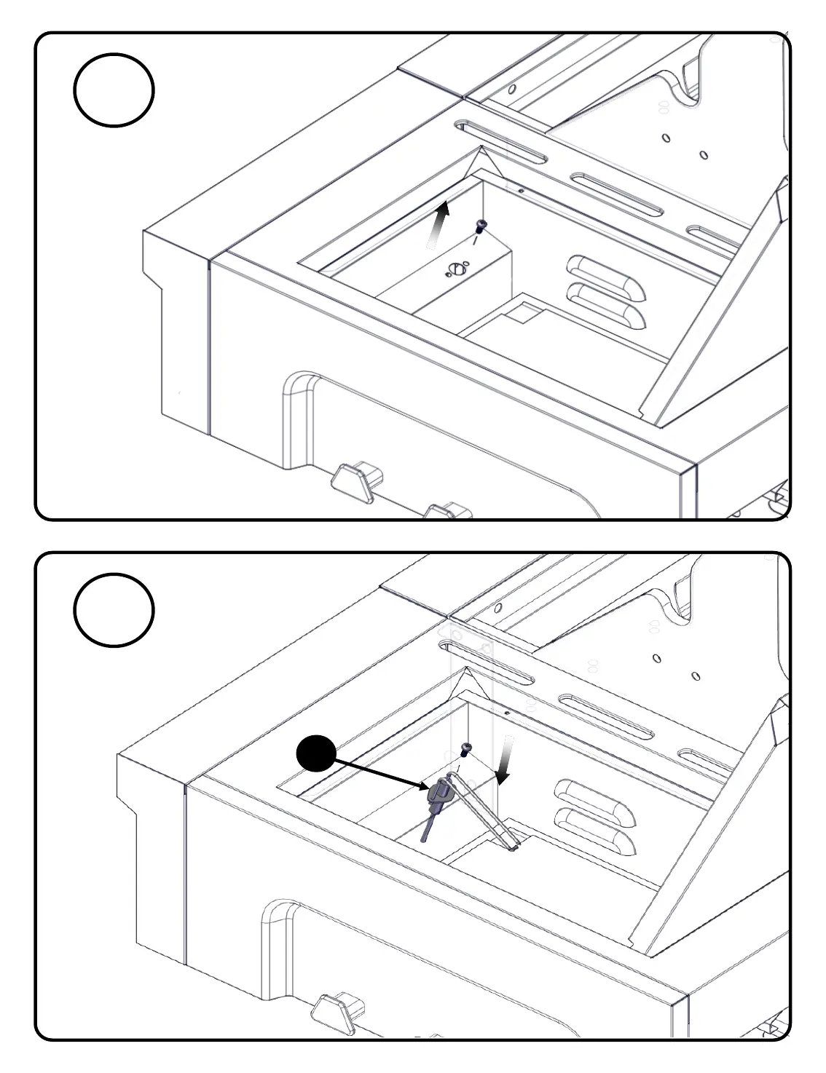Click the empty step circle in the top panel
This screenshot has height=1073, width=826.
point(114,90)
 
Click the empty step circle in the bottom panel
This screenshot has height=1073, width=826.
point(114,609)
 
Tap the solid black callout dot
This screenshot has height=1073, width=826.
point(316,753)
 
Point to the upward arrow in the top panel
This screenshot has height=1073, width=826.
point(438,225)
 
